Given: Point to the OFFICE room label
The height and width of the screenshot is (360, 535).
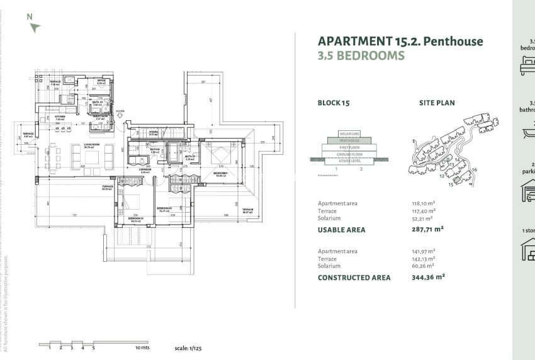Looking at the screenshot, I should coord(101,81).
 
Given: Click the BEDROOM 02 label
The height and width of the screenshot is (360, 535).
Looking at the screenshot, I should coord(137,218).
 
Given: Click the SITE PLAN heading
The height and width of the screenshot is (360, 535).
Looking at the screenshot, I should coord(437,103).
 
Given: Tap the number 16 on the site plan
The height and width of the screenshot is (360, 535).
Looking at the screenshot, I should coord(474,169).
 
